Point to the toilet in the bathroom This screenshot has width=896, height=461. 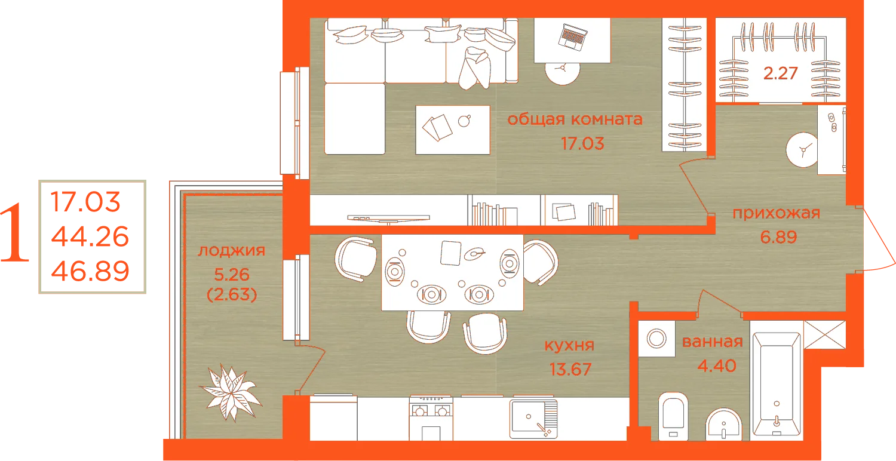point(673,416)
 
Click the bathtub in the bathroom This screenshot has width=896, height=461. point(777,384)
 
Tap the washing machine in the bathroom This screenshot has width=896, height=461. point(656,339)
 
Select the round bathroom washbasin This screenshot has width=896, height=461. point(724,424)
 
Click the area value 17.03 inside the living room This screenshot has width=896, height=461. point(582,143)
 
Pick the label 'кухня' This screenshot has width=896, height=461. point(570,345)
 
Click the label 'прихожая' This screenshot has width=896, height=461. point(777,213)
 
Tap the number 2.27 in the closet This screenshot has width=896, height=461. point(780,73)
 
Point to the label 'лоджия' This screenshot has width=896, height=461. point(232,251)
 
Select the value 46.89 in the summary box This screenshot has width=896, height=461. point(90,271)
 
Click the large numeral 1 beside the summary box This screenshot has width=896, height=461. point(15,233)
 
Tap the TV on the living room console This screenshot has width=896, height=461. point(388,219)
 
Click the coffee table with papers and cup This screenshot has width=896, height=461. point(453,130)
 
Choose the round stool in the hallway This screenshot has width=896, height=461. point(802,150)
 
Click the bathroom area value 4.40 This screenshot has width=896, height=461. point(717,366)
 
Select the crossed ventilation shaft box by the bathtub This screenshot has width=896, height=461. point(825,334)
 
